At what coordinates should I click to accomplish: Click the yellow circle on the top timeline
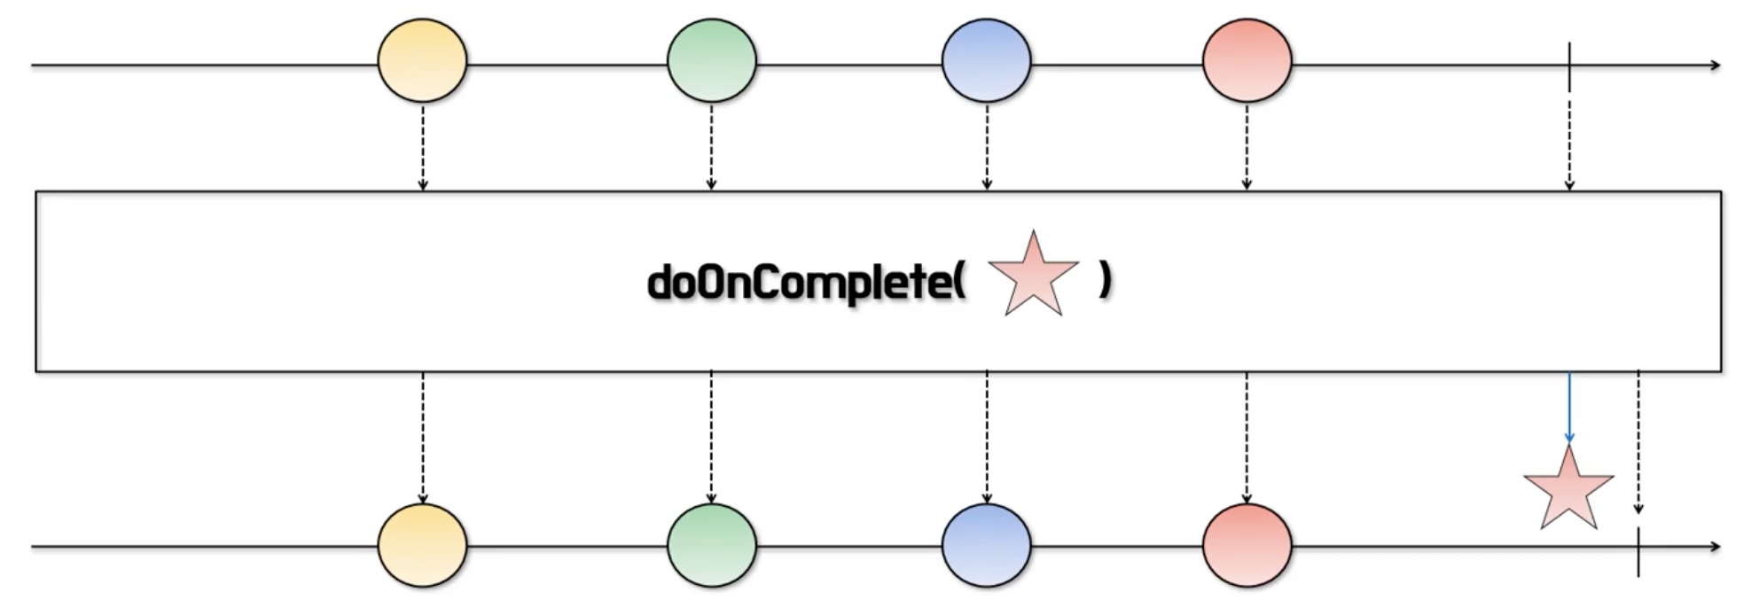point(422,61)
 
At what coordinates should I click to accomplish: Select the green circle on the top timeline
point(711,61)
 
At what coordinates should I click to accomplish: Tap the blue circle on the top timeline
point(986,61)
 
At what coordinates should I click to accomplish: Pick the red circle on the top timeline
point(1247,61)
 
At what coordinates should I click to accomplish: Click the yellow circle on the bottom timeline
point(422,545)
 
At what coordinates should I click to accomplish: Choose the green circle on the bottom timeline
point(711,545)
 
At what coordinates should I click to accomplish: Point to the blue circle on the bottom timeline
point(986,545)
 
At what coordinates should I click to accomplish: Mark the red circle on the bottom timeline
point(1247,545)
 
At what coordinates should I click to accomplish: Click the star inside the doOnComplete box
point(1033,277)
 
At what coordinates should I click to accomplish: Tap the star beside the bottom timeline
point(1568,490)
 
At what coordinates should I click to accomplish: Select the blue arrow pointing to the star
point(1569,408)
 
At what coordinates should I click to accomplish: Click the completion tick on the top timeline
point(1569,66)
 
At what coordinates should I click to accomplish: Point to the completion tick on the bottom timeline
point(1638,551)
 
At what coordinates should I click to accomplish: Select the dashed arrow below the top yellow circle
point(423,148)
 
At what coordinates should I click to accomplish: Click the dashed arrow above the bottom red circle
point(1247,438)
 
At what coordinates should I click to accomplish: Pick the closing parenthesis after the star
point(1105,281)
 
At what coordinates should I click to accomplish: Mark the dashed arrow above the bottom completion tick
point(1638,442)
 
